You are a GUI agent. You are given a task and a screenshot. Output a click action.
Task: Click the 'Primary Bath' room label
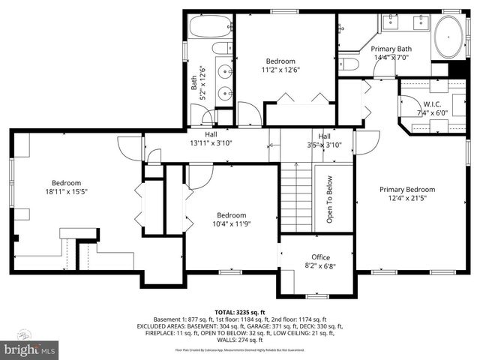tap(394, 49)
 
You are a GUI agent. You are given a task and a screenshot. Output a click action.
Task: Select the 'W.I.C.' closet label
tap(432, 103)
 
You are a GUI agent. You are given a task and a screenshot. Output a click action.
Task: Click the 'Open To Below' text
tap(328, 200)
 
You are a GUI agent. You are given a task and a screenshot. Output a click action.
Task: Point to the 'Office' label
tap(315, 257)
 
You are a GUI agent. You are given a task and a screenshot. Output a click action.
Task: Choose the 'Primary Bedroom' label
tap(406, 190)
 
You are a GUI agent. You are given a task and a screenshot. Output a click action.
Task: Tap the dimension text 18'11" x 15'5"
tap(66, 192)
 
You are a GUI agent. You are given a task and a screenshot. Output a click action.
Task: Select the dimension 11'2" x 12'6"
tap(280, 70)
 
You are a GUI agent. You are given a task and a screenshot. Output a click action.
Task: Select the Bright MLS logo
tap(30, 349)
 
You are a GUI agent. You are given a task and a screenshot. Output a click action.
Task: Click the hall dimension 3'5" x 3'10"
tap(324, 145)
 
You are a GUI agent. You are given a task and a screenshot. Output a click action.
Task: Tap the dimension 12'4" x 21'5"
tap(406, 199)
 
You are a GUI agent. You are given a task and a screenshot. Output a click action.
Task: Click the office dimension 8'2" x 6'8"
tap(315, 265)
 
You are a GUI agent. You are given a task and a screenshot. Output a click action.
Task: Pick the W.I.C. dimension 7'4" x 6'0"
tap(432, 112)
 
